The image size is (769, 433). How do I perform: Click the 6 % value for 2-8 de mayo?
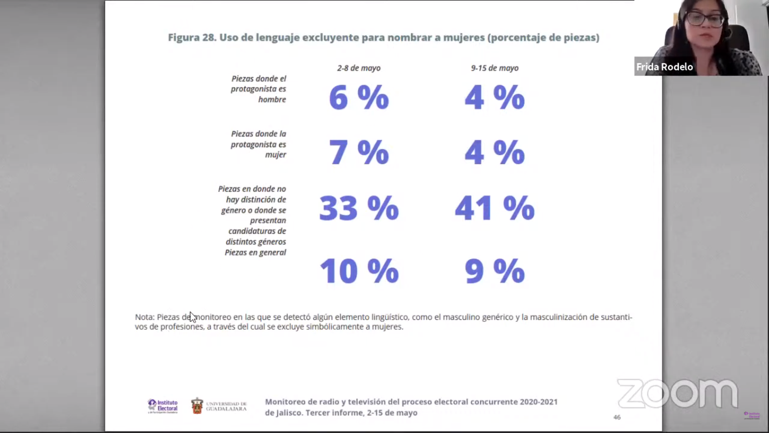click(x=358, y=97)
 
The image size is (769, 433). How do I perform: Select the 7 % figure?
click(x=358, y=153)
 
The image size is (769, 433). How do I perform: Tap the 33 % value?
click(x=358, y=208)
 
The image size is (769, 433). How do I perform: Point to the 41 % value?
click(x=494, y=208)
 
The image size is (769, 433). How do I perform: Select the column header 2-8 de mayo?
click(x=358, y=68)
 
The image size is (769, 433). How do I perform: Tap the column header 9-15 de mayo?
click(x=494, y=68)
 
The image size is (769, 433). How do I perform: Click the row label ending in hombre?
click(x=258, y=89)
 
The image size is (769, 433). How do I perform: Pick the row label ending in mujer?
click(x=258, y=144)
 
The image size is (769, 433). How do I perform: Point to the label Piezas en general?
click(x=255, y=253)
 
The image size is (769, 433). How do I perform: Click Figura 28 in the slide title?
click(x=191, y=38)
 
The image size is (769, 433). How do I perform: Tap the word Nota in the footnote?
click(x=144, y=317)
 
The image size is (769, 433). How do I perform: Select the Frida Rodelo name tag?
click(x=664, y=67)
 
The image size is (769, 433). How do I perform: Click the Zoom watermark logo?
click(x=677, y=393)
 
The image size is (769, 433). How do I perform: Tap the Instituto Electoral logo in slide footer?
click(x=163, y=406)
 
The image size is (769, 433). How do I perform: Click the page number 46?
click(x=617, y=417)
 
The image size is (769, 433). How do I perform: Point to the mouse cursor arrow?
click(x=193, y=317)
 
